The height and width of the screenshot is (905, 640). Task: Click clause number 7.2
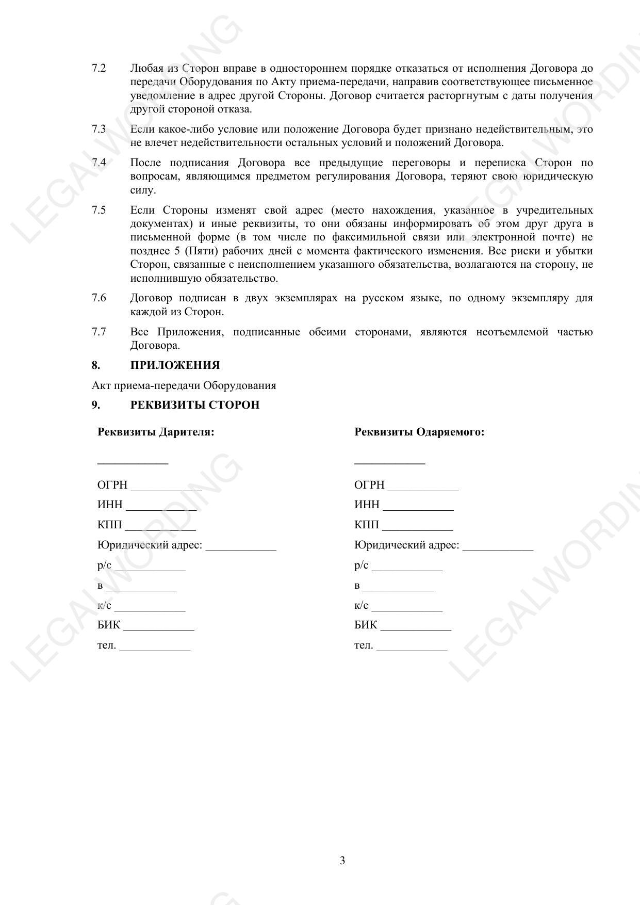pyautogui.click(x=99, y=69)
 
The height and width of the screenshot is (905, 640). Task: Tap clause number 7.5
pyautogui.click(x=99, y=210)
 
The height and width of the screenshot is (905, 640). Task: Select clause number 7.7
pyautogui.click(x=99, y=332)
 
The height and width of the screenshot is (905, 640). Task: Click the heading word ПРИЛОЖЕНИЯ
pyautogui.click(x=175, y=365)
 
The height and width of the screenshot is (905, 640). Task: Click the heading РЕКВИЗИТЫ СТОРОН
pyautogui.click(x=194, y=405)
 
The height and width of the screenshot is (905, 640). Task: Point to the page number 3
pyautogui.click(x=342, y=861)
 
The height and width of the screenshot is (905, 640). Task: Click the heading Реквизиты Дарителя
pyautogui.click(x=156, y=432)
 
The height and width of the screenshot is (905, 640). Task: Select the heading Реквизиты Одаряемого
pyautogui.click(x=419, y=432)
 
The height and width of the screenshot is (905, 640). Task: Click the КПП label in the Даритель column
pyautogui.click(x=109, y=525)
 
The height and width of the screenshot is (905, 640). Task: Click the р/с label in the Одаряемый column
pyautogui.click(x=361, y=565)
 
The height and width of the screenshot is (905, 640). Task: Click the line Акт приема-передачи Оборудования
pyautogui.click(x=184, y=385)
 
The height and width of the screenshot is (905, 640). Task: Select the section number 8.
pyautogui.click(x=96, y=365)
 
